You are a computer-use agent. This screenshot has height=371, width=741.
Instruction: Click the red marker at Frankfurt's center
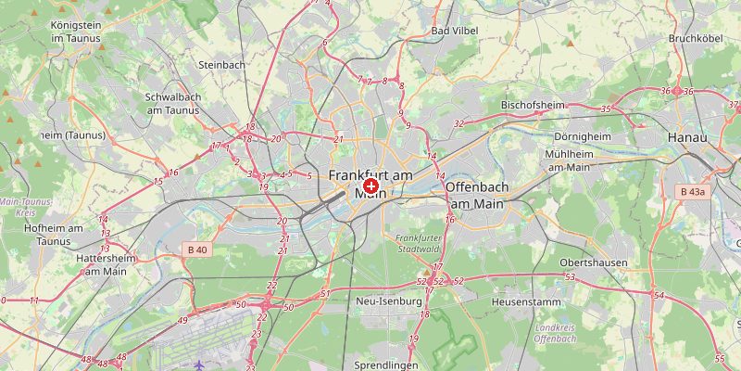pyautogui.click(x=370, y=187)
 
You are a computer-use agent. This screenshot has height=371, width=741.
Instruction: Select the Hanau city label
pyautogui.click(x=686, y=137)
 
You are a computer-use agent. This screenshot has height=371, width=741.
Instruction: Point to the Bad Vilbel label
pyautogui.click(x=453, y=31)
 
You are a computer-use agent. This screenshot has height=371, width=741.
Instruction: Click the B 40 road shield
pyautogui.click(x=197, y=249)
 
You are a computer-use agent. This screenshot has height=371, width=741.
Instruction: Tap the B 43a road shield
pyautogui.click(x=692, y=192)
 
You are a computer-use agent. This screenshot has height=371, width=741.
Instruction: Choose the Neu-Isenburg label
pyautogui.click(x=389, y=301)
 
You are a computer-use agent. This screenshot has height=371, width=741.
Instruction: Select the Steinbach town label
pyautogui.click(x=221, y=65)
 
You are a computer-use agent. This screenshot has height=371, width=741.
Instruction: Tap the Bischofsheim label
pyautogui.click(x=534, y=105)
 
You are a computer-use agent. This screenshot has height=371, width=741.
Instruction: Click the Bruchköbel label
pyautogui.click(x=695, y=39)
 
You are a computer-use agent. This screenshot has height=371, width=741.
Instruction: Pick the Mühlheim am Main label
pyautogui.click(x=569, y=160)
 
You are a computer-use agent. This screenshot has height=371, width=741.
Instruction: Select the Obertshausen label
pyautogui.click(x=594, y=262)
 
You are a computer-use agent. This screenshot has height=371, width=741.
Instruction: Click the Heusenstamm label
pyautogui.click(x=521, y=302)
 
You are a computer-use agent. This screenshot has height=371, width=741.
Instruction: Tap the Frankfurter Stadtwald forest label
pyautogui.click(x=413, y=243)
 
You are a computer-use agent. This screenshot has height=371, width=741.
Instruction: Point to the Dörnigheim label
pyautogui.click(x=583, y=136)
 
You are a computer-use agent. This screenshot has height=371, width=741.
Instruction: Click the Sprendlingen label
pyautogui.click(x=387, y=365)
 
